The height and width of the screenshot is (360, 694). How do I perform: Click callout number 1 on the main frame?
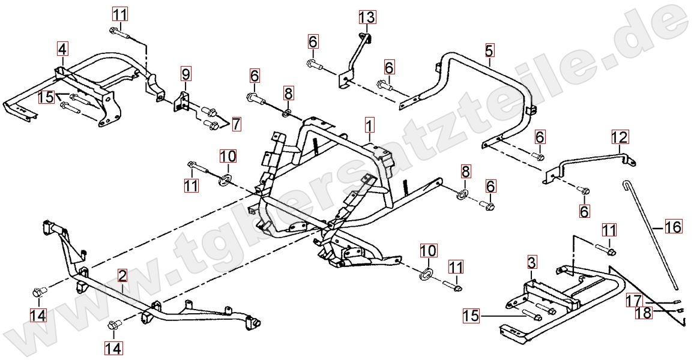(x=369, y=125)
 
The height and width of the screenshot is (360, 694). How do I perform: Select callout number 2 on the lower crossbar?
(x=122, y=276)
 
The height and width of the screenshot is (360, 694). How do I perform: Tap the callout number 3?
(x=533, y=262)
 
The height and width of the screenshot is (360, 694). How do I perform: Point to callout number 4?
(x=62, y=47)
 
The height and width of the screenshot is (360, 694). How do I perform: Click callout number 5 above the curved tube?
(x=489, y=49)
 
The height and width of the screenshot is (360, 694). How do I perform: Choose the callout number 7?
(x=237, y=124)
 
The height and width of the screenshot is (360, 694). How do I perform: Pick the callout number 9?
(x=186, y=74)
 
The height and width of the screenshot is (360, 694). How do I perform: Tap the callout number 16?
(x=674, y=227)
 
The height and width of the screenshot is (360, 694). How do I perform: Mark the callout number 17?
(x=634, y=300)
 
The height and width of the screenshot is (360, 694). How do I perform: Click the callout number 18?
(x=642, y=313)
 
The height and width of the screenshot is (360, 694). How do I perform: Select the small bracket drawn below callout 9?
(x=183, y=100)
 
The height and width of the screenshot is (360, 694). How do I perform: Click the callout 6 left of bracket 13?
(x=313, y=41)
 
